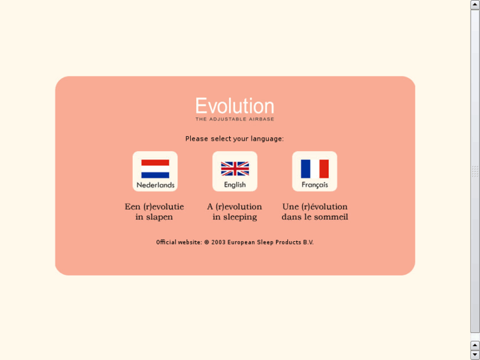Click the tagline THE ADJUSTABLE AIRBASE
coord(234,120)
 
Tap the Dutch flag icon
coord(155,168)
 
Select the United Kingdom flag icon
coord(235,168)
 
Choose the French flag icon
coord(315,168)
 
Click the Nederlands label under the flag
coord(155,185)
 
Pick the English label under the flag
coord(235,185)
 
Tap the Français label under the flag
coord(315,185)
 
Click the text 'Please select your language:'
coord(234,139)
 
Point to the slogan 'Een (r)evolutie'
coord(154,207)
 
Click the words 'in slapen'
coord(154,217)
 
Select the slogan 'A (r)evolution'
coord(234,207)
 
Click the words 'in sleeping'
coord(234,217)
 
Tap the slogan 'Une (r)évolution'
coord(315,207)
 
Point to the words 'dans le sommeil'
coord(315,217)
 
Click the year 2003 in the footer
coord(219,242)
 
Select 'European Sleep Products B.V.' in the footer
coord(271,242)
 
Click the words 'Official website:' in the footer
coord(179,242)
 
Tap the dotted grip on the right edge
coord(475,171)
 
